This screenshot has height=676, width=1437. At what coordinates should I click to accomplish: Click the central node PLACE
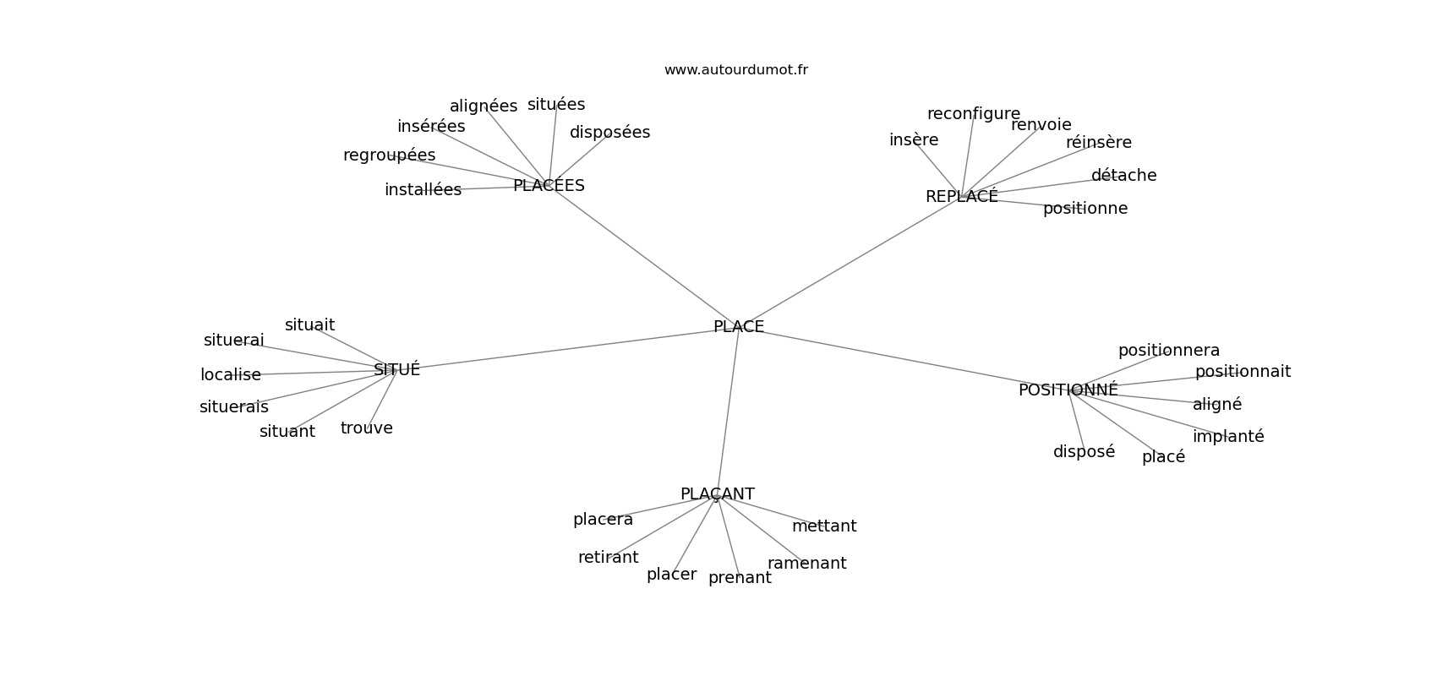[x=739, y=326]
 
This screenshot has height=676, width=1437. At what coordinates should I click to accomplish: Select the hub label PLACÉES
[x=549, y=185]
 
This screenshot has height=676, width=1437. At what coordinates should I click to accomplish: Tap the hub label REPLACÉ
[x=962, y=195]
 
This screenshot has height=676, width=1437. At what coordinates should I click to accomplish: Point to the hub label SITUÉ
[x=397, y=368]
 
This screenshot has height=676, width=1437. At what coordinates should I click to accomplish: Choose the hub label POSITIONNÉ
[x=1068, y=390]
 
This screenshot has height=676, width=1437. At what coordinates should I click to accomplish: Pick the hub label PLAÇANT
[x=717, y=493]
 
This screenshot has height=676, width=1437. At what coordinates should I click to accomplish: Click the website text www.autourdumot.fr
[x=735, y=70]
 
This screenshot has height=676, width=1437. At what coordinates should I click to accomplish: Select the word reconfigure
[x=973, y=114]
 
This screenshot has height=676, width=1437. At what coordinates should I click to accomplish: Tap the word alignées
[x=483, y=106]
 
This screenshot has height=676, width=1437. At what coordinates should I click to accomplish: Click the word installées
[x=423, y=190]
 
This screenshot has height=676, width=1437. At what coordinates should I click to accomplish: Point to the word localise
[x=230, y=374]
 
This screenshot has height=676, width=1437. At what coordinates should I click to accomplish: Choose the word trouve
[x=366, y=428]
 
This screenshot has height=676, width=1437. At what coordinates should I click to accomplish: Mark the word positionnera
[x=1169, y=351]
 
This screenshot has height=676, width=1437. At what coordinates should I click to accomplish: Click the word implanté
[x=1228, y=436]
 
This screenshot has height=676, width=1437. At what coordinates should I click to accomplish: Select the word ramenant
[x=806, y=563]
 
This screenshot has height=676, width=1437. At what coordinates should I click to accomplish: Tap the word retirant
[x=608, y=558]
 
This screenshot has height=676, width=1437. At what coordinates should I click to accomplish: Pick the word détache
[x=1123, y=175]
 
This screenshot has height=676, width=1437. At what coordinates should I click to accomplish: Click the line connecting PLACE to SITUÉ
[x=555, y=349]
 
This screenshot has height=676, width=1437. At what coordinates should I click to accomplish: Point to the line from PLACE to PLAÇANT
[x=728, y=411]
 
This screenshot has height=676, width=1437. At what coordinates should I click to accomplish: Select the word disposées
[x=609, y=132]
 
